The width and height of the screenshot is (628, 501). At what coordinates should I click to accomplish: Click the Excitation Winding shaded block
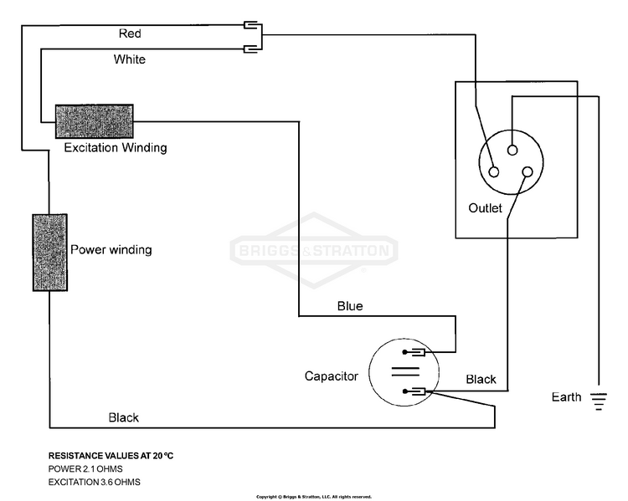(94, 121)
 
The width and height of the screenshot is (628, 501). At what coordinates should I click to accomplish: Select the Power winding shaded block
(50, 253)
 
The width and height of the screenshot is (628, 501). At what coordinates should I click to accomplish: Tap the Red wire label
(130, 33)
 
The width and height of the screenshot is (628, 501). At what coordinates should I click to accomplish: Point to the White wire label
(129, 59)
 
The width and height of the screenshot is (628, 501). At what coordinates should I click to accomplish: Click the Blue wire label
(350, 306)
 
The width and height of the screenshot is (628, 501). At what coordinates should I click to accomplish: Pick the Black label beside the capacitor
(481, 380)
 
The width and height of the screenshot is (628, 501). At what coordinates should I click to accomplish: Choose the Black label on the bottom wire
(123, 417)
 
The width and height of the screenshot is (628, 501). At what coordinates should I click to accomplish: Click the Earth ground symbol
(599, 401)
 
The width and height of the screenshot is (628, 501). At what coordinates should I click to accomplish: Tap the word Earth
(566, 397)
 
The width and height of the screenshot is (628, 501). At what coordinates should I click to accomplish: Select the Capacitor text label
(332, 376)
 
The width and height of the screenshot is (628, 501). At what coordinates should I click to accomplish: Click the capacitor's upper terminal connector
(414, 352)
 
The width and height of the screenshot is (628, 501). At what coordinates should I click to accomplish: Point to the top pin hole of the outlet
(512, 150)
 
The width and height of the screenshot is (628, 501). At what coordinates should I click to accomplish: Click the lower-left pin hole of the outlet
(494, 172)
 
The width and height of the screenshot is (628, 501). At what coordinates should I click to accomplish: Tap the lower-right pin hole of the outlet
(528, 172)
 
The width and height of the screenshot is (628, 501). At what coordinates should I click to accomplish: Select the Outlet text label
(485, 208)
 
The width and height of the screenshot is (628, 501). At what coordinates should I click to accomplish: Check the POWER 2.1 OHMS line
(85, 469)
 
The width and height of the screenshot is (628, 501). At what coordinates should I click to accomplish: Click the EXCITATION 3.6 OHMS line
(94, 483)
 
